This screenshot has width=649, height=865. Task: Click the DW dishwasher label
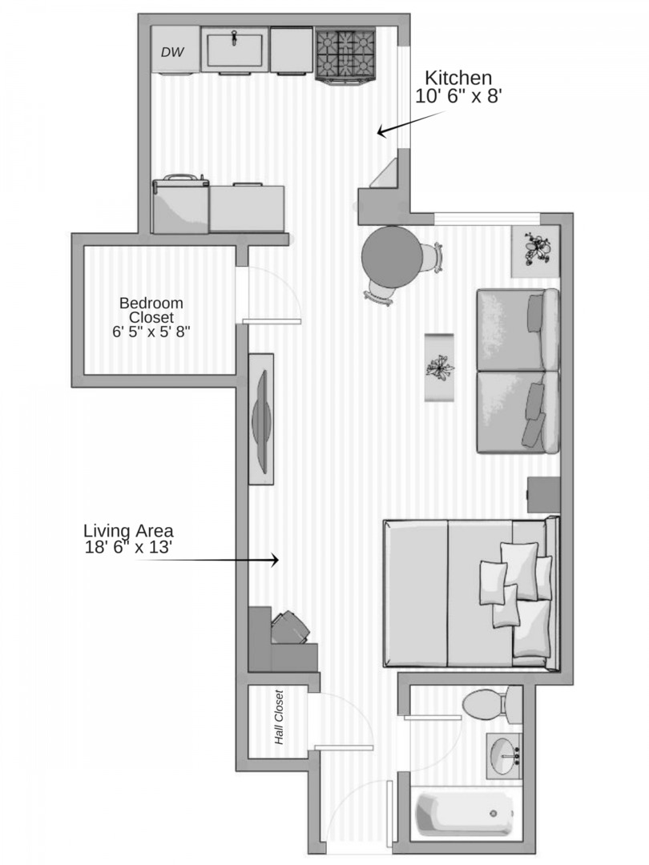(x=172, y=53)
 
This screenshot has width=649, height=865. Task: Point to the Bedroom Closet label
(x=151, y=316)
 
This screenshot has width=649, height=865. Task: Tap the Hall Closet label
(x=280, y=718)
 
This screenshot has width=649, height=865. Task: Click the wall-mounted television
(x=261, y=418)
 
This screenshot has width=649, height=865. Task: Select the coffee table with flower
(x=439, y=368)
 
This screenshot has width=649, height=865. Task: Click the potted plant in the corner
(x=535, y=251)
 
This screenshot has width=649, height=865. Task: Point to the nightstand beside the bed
(x=543, y=494)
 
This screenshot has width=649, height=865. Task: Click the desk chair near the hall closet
(x=289, y=628)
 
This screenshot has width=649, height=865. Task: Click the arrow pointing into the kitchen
(x=409, y=123)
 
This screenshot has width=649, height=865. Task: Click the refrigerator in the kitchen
(x=180, y=207)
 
